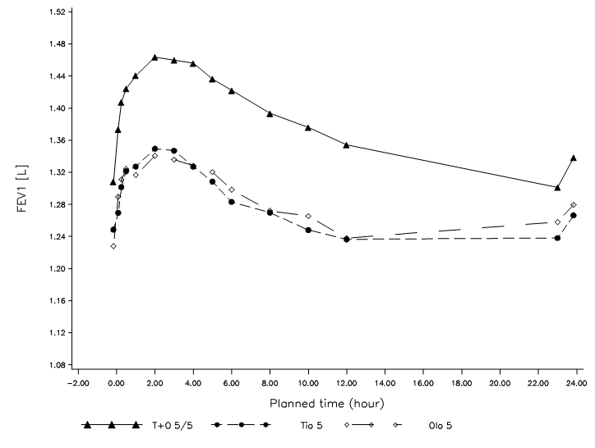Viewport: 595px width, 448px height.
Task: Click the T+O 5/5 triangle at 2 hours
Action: (155, 57)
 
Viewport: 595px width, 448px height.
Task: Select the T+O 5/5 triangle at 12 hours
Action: (347, 144)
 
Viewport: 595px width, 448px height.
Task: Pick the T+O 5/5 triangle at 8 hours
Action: (270, 114)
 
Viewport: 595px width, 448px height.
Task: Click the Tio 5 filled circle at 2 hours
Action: (155, 149)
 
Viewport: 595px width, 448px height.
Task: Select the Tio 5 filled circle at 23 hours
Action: (558, 238)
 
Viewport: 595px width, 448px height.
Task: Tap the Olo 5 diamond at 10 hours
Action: (308, 216)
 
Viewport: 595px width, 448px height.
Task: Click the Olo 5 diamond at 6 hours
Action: (232, 190)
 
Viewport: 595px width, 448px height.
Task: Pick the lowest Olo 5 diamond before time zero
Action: (113, 246)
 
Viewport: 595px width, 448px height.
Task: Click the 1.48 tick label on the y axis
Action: (56, 44)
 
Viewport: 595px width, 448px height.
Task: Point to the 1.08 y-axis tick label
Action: (56, 365)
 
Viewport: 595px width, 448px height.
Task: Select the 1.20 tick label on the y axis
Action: (56, 269)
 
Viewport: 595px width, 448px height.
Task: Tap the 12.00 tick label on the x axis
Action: (347, 382)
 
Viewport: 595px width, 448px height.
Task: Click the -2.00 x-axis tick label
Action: (76, 382)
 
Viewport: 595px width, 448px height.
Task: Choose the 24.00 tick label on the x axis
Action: (577, 382)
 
